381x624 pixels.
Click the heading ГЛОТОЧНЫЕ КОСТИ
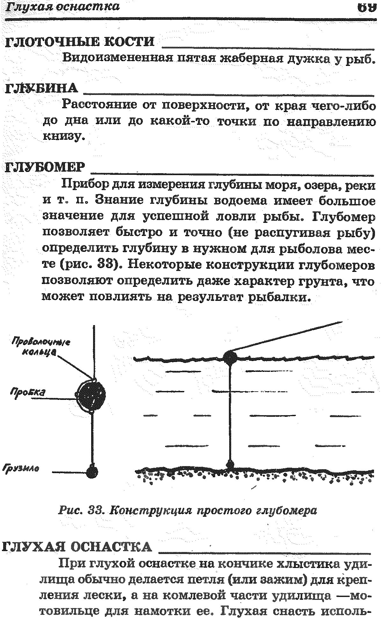click(80, 42)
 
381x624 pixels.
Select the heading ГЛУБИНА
click(41, 88)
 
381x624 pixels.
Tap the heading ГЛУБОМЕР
click(46, 167)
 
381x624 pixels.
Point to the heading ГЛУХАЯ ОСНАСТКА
click(77, 547)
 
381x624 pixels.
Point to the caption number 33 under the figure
click(95, 511)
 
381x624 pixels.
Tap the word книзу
click(64, 137)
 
